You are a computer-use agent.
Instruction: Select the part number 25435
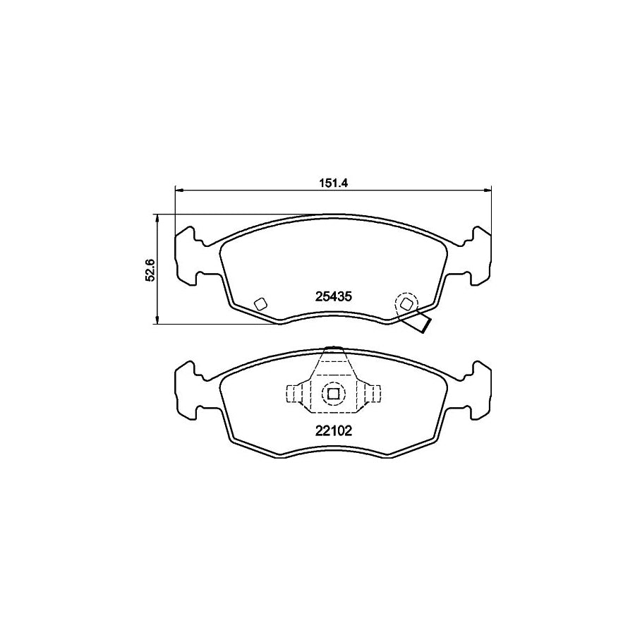pyautogui.click(x=332, y=298)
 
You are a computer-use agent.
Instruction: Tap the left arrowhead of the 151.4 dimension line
pyautogui.click(x=179, y=189)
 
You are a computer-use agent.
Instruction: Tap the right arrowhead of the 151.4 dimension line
pyautogui.click(x=488, y=189)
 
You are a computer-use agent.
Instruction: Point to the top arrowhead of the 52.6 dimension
pyautogui.click(x=157, y=218)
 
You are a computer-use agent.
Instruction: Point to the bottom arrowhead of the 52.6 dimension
pyautogui.click(x=157, y=321)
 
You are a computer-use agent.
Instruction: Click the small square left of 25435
pyautogui.click(x=259, y=303)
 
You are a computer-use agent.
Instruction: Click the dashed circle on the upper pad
pyautogui.click(x=406, y=304)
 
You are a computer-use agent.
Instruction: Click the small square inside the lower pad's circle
pyautogui.click(x=332, y=393)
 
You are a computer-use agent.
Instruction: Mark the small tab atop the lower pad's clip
pyautogui.click(x=332, y=348)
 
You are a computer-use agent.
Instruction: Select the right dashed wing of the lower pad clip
pyautogui.click(x=371, y=393)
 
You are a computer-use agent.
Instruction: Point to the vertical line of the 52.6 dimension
pyautogui.click(x=157, y=282)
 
